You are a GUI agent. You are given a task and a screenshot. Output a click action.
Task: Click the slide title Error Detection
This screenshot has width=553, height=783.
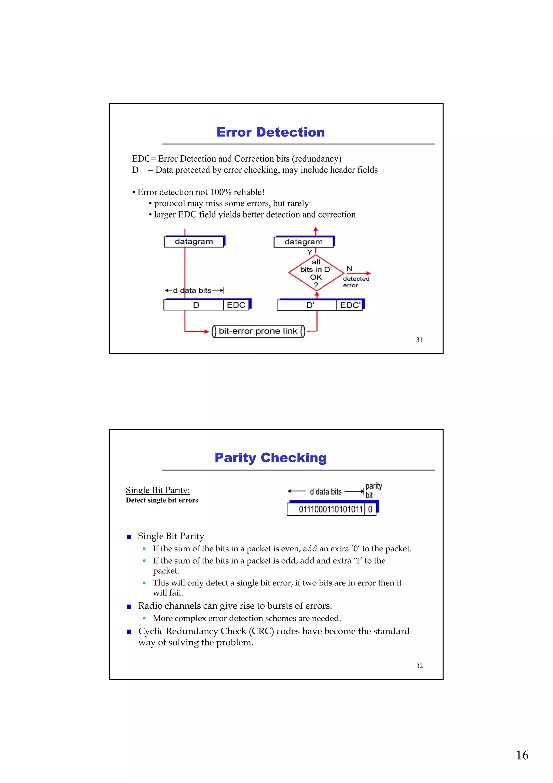tap(271, 132)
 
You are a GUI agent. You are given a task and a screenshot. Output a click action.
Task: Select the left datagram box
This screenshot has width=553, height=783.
tap(194, 242)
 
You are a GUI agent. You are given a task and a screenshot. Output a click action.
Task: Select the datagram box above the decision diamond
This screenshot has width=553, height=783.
tap(303, 242)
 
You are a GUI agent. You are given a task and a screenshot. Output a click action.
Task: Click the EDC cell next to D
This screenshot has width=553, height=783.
tap(236, 305)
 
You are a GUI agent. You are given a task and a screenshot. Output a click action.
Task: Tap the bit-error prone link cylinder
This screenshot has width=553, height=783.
tap(258, 331)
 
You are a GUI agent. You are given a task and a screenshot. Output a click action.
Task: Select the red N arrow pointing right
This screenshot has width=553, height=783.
tap(363, 274)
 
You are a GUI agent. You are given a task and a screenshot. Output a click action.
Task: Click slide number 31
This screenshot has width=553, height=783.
tap(419, 340)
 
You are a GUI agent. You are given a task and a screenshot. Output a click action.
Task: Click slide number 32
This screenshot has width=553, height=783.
tap(419, 666)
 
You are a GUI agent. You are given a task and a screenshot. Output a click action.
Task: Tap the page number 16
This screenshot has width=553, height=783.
tap(522, 755)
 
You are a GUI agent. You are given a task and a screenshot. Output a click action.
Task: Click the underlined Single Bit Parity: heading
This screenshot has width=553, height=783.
tap(158, 490)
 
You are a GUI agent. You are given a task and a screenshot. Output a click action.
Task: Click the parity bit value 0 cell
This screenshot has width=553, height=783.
tap(370, 509)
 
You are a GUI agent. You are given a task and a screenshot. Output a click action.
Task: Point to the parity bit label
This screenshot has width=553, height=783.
tap(373, 490)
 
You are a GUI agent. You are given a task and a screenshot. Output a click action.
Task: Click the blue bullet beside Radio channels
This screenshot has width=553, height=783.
tap(129, 606)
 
